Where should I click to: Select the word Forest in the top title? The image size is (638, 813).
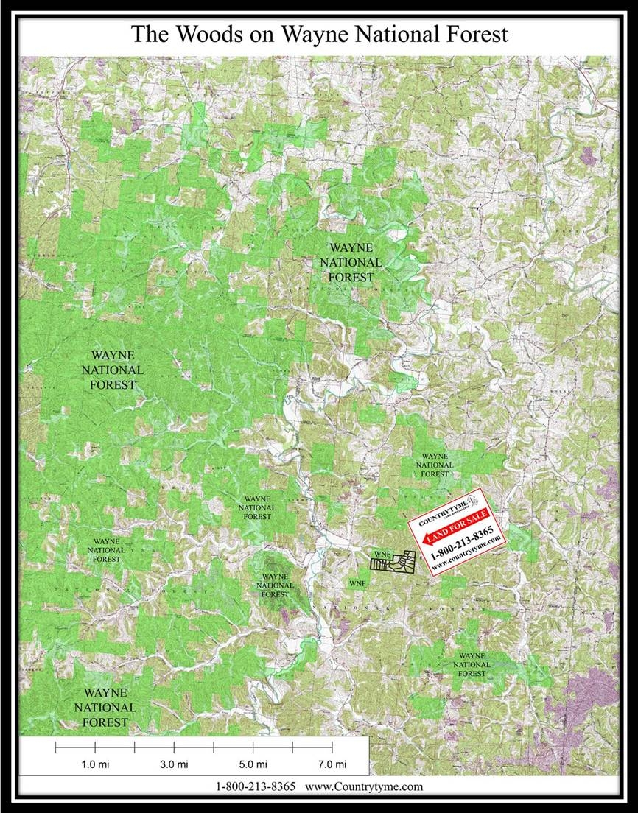(472, 34)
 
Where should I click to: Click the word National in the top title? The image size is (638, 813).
(376, 34)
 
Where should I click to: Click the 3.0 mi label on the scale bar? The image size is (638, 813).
(174, 764)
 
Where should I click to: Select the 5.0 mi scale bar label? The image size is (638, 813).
(253, 764)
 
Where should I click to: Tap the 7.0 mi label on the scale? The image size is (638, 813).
(332, 764)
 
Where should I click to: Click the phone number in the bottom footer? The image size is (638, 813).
(256, 786)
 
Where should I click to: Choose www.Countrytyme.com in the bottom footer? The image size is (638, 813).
(364, 786)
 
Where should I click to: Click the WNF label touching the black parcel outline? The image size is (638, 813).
(380, 554)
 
